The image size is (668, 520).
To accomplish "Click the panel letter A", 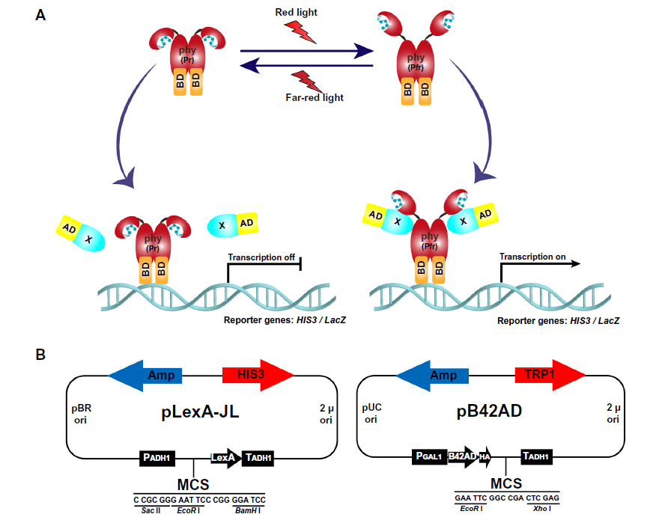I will pos(42,14).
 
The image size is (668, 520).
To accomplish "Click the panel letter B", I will pos(42,351).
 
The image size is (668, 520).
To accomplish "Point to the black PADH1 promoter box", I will pos(157,457).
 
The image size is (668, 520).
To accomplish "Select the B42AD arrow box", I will pos(462,456).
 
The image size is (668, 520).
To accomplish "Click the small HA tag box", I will pos(485,456).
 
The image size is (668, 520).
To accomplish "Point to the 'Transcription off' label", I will pos(261,257).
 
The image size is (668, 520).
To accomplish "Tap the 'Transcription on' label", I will pos(532,257).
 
